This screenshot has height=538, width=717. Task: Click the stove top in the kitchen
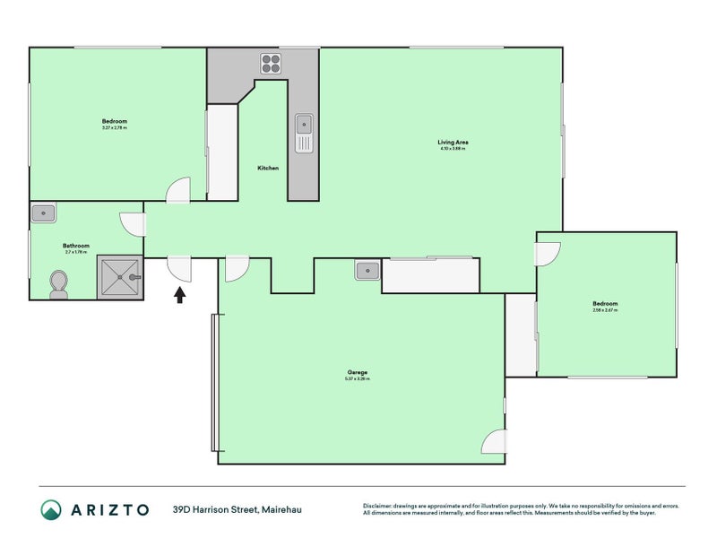272,63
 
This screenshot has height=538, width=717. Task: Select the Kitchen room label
268,169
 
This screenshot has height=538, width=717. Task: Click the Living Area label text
453,143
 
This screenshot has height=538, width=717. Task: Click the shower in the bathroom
119,278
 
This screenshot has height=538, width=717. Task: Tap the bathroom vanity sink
43,213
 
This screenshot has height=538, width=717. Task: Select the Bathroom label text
75,246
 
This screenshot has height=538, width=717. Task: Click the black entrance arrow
180,294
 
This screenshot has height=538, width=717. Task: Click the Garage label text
358,372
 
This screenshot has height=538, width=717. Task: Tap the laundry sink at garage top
367,270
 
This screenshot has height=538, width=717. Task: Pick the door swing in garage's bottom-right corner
494,442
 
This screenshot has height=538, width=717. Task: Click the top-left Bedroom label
114,121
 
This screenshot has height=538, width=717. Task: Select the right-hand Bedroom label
605,304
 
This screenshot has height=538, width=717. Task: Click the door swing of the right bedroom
549,254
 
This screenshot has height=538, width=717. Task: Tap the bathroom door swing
132,224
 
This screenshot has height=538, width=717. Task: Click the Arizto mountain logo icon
50,509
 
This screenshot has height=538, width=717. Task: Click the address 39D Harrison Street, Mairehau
237,509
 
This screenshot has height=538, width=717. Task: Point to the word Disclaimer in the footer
380,505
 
